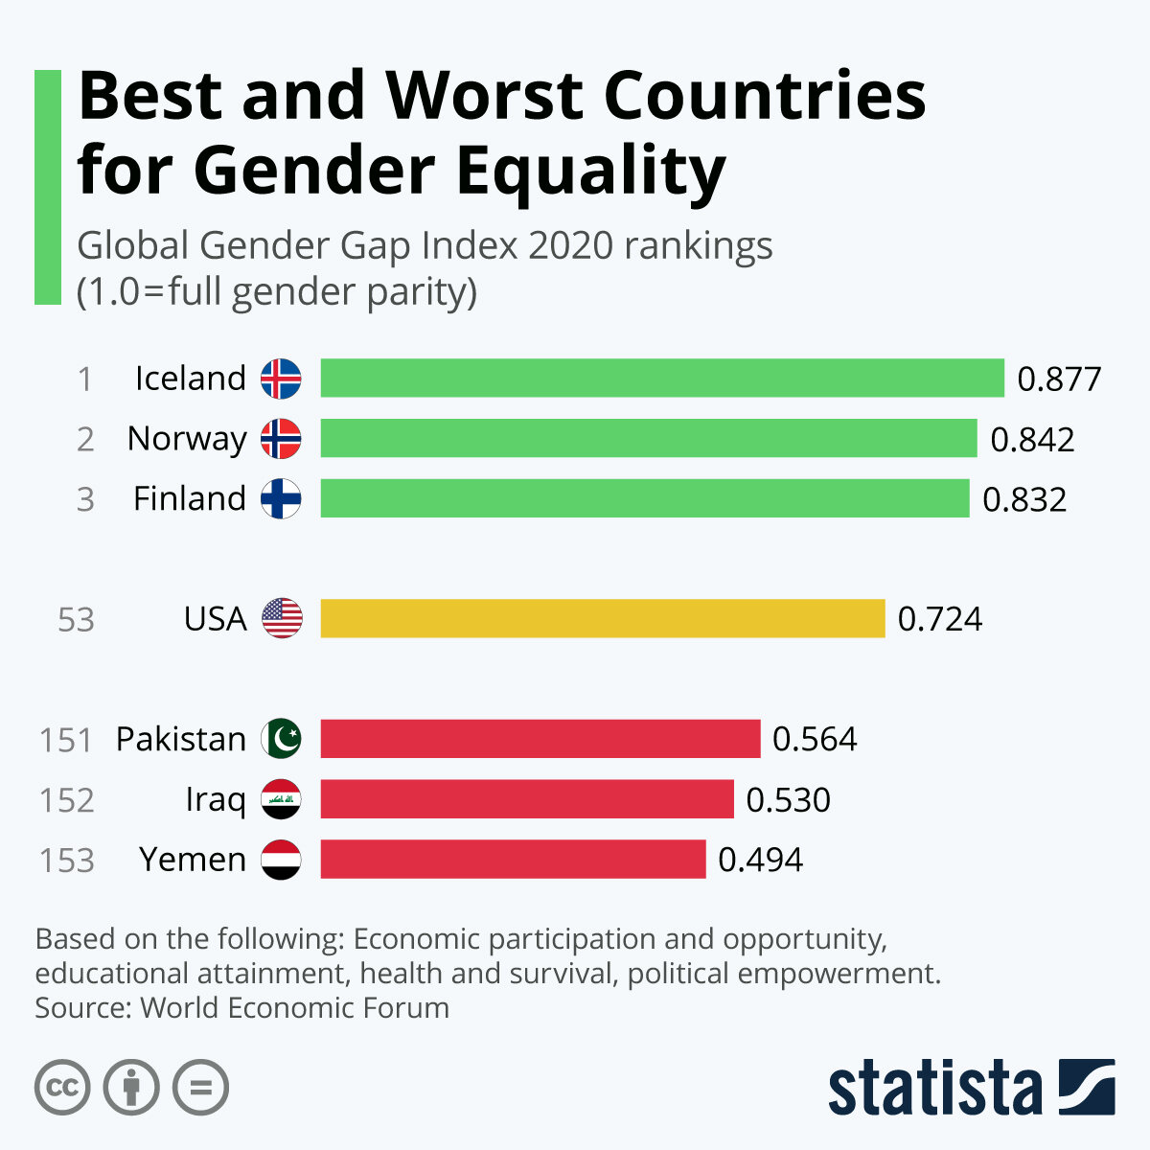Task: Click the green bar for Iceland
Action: point(661,378)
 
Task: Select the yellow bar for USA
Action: point(602,618)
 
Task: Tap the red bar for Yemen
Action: point(513,859)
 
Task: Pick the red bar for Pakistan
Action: point(540,739)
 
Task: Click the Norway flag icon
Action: point(281,439)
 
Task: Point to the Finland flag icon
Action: point(281,498)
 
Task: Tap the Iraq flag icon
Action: point(281,799)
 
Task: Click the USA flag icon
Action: point(281,618)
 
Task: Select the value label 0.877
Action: point(1059,379)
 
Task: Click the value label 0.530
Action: point(788,800)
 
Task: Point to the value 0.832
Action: point(1023,499)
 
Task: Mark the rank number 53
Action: point(76,620)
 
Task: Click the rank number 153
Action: point(66,861)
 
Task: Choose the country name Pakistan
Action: point(181,739)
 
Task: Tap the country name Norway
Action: point(187,439)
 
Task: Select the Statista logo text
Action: point(934,1089)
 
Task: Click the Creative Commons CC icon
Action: point(62,1088)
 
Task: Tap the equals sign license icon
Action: point(201,1088)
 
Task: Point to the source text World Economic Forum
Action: point(294,1008)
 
